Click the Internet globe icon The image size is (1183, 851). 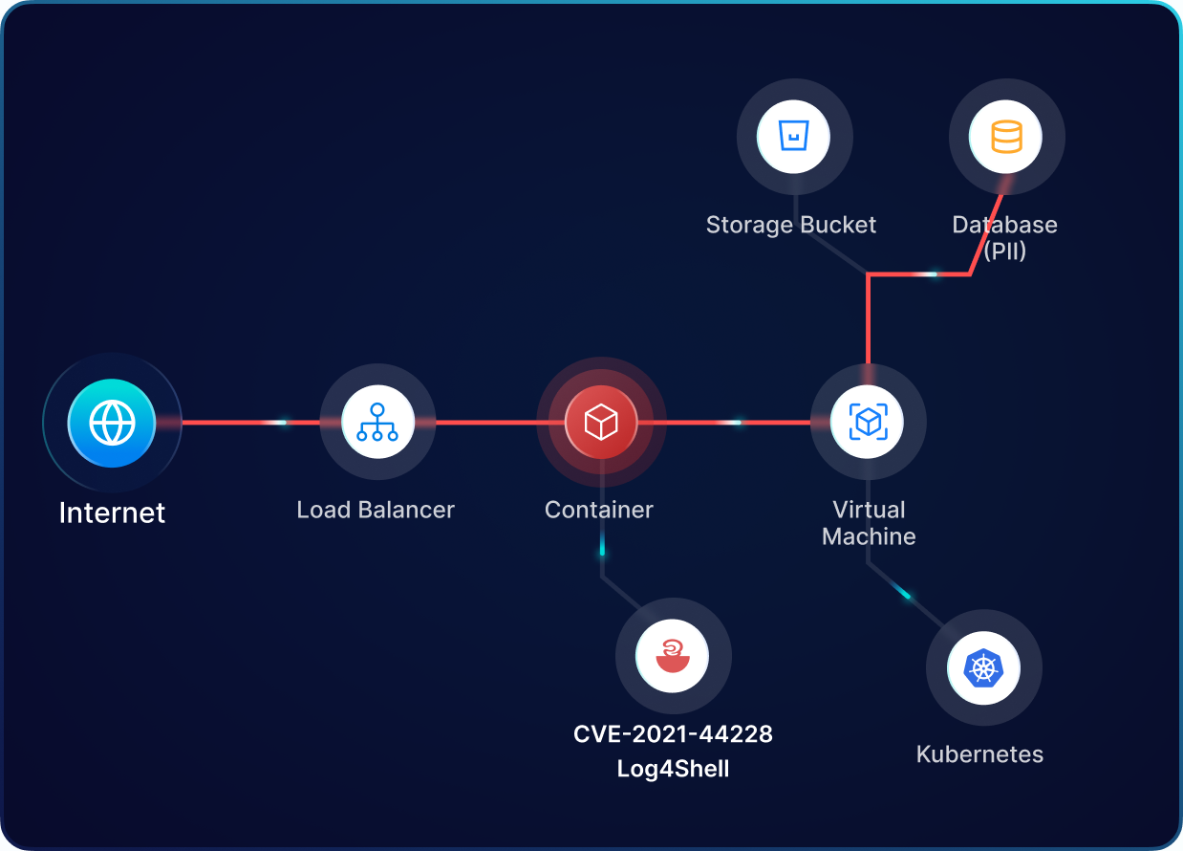pos(112,423)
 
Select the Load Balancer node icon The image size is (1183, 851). pos(377,423)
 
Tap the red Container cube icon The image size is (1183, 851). pos(601,422)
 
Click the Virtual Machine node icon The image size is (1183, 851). pos(868,422)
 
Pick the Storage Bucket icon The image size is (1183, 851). pos(793,137)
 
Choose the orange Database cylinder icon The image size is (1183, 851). pos(1006,137)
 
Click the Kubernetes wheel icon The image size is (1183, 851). pos(983,667)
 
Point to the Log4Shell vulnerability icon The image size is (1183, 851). pos(673,657)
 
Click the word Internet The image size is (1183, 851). pos(112,513)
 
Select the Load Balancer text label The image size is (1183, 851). pos(376,510)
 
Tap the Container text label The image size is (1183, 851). pos(599,510)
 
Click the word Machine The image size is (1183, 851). pos(869,536)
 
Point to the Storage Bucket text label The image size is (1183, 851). pos(791,225)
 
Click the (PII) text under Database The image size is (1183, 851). pos(1005,252)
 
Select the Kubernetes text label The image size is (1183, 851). pos(979,754)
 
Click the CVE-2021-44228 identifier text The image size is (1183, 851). pos(673,734)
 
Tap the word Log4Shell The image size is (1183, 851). pos(673,769)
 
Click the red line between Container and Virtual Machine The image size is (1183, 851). pos(726,422)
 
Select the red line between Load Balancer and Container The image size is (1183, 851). pos(487,422)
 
